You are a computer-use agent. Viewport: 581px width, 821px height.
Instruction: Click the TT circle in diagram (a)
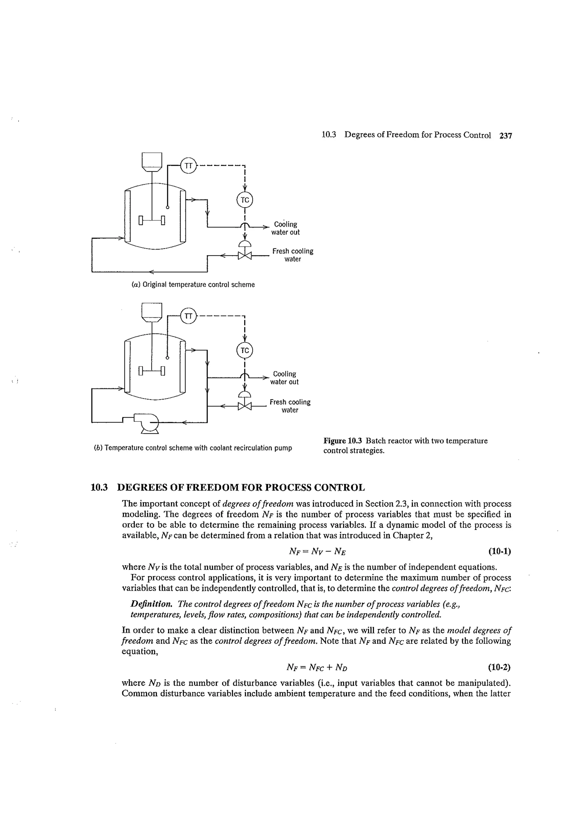tap(188, 165)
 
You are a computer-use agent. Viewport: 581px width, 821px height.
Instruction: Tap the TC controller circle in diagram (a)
tap(245, 200)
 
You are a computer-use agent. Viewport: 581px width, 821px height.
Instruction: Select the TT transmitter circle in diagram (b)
tap(188, 316)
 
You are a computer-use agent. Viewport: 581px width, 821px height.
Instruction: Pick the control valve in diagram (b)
tap(245, 406)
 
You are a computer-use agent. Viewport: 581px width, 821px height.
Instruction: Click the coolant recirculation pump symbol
tap(148, 422)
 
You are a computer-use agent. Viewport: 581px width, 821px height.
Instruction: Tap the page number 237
tap(506, 135)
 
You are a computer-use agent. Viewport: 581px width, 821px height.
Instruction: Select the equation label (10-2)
tap(499, 667)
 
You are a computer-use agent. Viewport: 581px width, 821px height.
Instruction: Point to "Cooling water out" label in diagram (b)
tap(284, 377)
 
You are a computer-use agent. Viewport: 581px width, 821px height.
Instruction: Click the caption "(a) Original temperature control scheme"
tap(193, 285)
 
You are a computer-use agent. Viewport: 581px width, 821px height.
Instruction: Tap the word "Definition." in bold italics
tap(152, 604)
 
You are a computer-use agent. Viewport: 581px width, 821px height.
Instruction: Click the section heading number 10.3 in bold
tap(99, 488)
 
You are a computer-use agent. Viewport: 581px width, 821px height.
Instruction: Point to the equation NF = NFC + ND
tap(317, 667)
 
